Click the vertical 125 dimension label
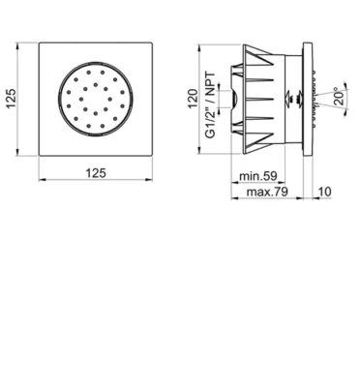11,99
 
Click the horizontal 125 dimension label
96,173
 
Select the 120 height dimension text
193,99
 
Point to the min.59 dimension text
258,176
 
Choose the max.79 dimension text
267,192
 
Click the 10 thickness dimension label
324,192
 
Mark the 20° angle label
340,96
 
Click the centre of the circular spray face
96,99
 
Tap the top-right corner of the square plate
152,43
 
